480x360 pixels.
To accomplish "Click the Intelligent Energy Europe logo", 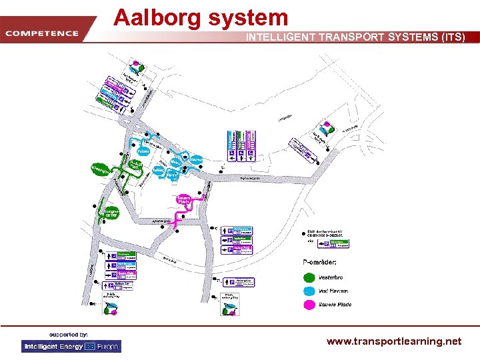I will tap(71, 347).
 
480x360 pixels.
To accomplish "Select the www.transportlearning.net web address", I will tap(393, 341).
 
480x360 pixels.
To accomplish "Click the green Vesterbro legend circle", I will tap(309, 277).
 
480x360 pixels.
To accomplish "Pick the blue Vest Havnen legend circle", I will tap(309, 291).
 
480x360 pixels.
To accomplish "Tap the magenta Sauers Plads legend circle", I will tap(309, 305).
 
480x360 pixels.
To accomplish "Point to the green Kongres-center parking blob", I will tap(111, 213).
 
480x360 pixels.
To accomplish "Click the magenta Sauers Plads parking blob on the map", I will tap(185, 200).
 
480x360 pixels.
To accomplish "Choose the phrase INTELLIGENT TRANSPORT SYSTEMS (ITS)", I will tap(355, 37).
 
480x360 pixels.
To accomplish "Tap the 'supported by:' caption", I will tap(68, 333).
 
